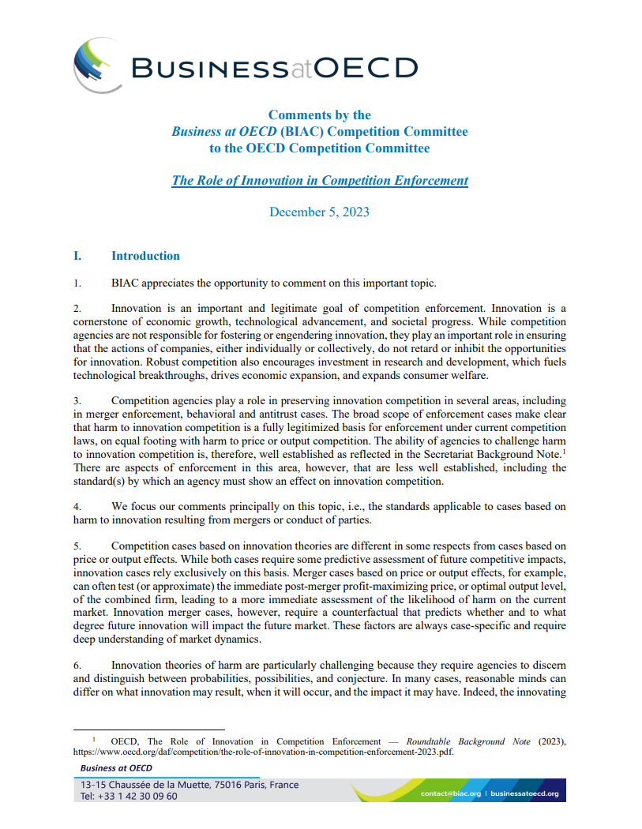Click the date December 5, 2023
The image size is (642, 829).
coord(319,212)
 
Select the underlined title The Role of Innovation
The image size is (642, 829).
coord(319,180)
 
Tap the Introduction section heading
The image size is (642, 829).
coord(145,256)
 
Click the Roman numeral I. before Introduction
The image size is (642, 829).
coord(77,256)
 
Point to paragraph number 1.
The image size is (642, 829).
coord(77,283)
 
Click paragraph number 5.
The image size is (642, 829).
coord(77,546)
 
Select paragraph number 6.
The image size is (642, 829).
coord(77,665)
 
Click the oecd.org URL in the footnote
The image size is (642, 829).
coord(264,752)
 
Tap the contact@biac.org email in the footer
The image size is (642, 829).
coord(450,793)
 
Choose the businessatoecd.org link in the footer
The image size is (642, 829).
coord(524,793)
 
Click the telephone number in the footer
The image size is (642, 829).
coord(129,796)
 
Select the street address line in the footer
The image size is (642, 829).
coord(189,785)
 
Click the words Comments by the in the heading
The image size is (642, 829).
coord(319,115)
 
